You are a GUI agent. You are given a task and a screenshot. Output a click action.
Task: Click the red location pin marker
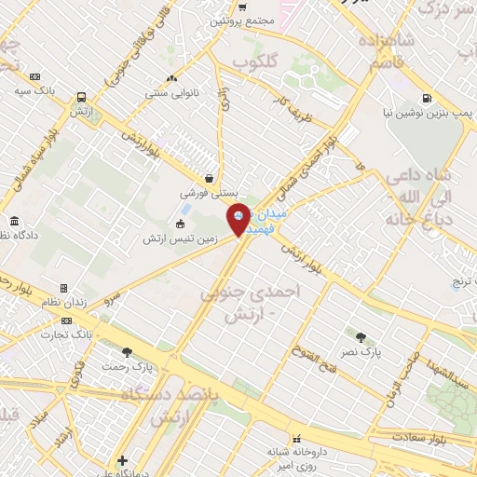coord(239,220)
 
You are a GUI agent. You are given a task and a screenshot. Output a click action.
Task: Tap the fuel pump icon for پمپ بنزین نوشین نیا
coord(427,98)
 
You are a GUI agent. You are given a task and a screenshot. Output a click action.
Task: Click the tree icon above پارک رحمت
coord(128,352)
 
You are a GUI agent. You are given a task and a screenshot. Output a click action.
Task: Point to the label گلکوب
coord(255,61)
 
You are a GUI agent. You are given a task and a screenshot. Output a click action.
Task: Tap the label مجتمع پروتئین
coord(241,20)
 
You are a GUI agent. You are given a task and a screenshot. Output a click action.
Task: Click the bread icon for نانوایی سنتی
coord(170,79)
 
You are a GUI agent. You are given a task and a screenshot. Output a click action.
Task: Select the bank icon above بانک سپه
coord(35,77)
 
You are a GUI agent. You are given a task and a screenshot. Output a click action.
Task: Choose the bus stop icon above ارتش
coord(83,96)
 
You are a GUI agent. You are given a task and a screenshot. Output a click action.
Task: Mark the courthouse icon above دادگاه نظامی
coord(16,222)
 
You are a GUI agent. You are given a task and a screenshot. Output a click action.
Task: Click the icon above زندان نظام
coord(63,290)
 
